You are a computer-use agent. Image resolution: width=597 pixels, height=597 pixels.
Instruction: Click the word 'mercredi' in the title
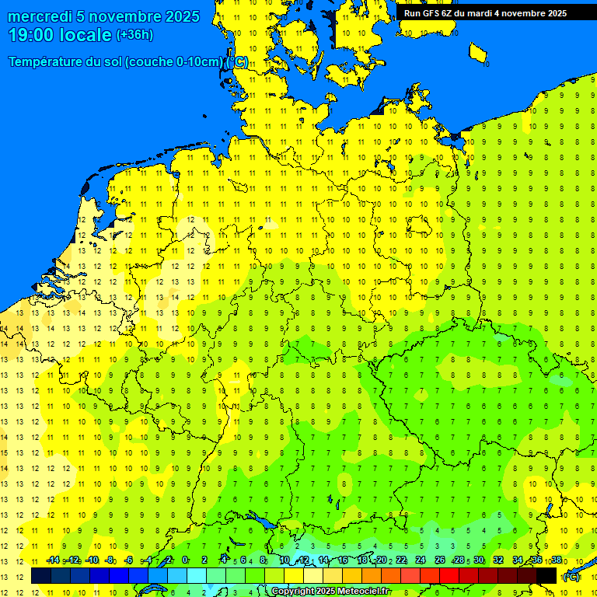pyautogui.click(x=40, y=16)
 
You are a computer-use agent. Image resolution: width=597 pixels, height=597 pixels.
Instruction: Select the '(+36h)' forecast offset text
pyautogui.click(x=134, y=35)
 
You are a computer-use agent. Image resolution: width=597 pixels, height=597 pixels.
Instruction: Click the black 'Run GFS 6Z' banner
pyautogui.click(x=484, y=13)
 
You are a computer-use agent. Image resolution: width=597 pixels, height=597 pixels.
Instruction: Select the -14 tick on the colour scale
pyautogui.click(x=53, y=560)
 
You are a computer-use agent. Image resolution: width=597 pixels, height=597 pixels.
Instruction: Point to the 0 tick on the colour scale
pyautogui.click(x=185, y=560)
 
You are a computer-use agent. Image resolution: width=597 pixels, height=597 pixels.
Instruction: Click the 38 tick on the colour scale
pyautogui.click(x=557, y=560)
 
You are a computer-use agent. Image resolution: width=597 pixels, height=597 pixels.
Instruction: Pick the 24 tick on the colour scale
pyautogui.click(x=421, y=560)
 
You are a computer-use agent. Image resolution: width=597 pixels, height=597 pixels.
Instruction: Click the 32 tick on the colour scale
pyautogui.click(x=498, y=560)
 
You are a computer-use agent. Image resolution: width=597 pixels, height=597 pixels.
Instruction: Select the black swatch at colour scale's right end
pyautogui.click(x=546, y=576)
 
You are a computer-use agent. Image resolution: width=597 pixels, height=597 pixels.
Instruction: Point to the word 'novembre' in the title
pyautogui.click(x=124, y=16)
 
